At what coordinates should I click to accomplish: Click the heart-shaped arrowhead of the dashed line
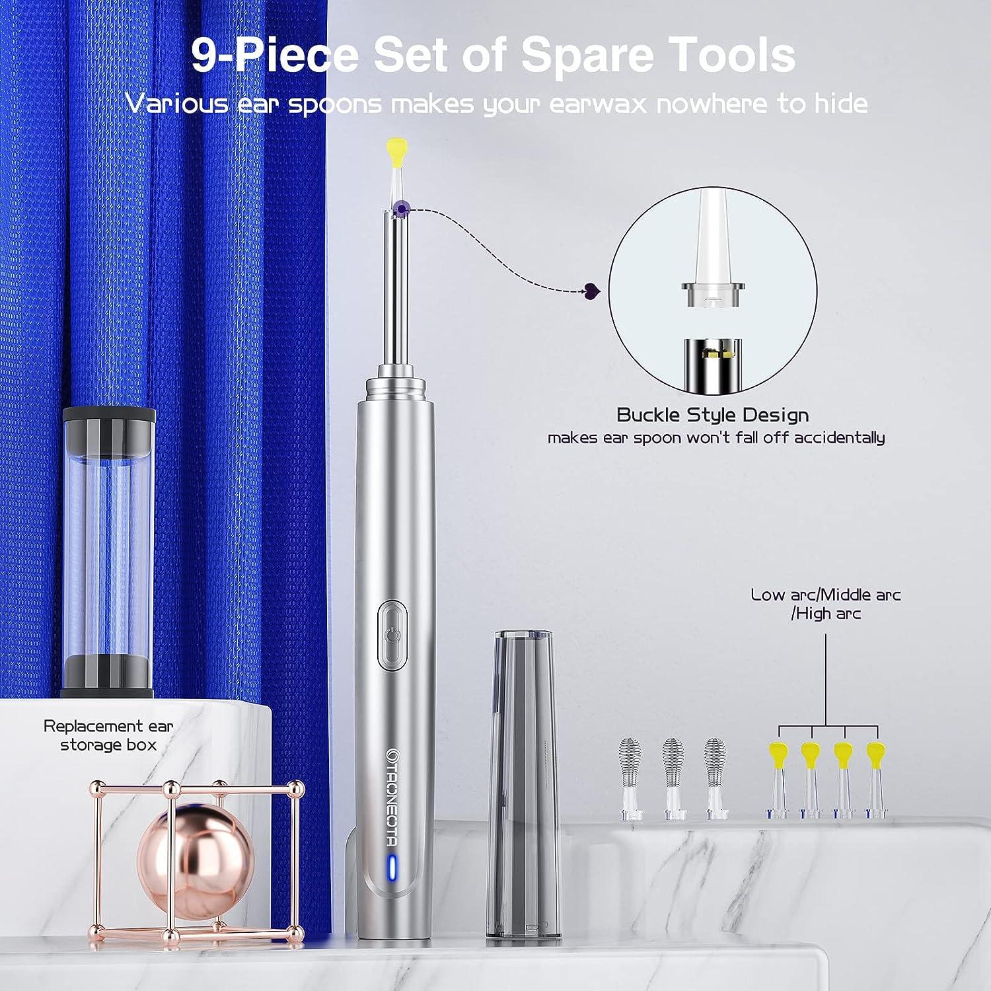[590, 289]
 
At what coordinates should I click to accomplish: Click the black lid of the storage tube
[109, 427]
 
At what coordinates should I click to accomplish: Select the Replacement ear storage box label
[108, 735]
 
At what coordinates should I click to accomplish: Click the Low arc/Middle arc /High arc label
[826, 604]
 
